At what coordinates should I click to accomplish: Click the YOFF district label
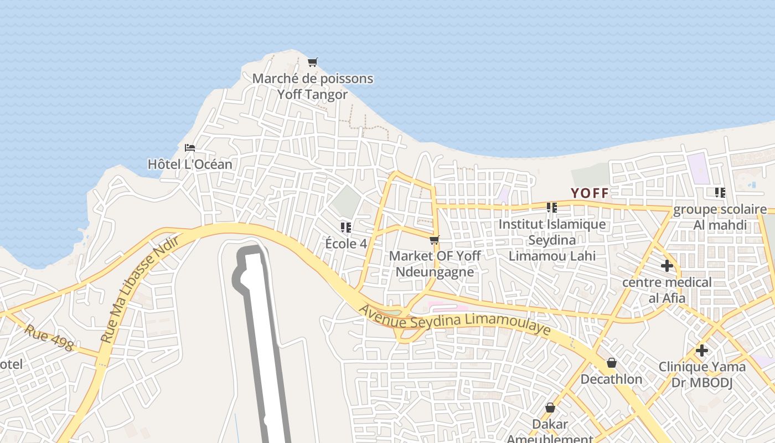click(x=590, y=193)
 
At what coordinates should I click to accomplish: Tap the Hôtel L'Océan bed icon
click(x=190, y=148)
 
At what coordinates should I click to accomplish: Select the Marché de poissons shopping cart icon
click(x=313, y=62)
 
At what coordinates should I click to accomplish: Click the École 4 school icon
click(x=346, y=227)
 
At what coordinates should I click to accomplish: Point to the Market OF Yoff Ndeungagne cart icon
click(x=435, y=240)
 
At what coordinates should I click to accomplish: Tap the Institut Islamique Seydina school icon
click(x=552, y=208)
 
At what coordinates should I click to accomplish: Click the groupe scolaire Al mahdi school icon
click(x=720, y=193)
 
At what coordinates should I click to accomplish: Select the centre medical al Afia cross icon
click(x=667, y=266)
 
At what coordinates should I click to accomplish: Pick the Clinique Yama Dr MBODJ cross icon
click(x=702, y=351)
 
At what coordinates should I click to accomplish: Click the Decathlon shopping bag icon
click(x=612, y=363)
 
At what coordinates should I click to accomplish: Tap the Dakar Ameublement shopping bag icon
click(x=550, y=408)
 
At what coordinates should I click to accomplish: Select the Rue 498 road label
click(x=49, y=338)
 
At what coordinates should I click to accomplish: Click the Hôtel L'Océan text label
click(x=190, y=164)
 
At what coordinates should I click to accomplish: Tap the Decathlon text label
click(x=611, y=379)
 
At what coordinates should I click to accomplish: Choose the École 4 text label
click(x=346, y=243)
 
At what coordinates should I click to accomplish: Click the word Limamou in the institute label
click(x=538, y=256)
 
